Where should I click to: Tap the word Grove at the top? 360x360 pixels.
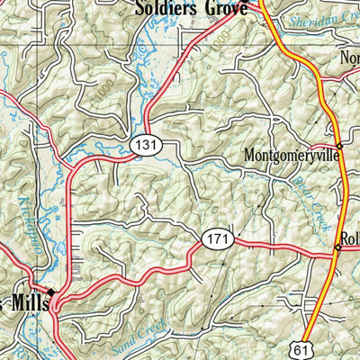pyautogui.click(x=225, y=8)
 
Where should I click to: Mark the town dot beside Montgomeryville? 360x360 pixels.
pyautogui.click(x=339, y=146)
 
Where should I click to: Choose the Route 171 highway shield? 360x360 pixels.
pyautogui.click(x=219, y=238)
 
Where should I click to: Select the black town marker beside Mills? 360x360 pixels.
pyautogui.click(x=51, y=292)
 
